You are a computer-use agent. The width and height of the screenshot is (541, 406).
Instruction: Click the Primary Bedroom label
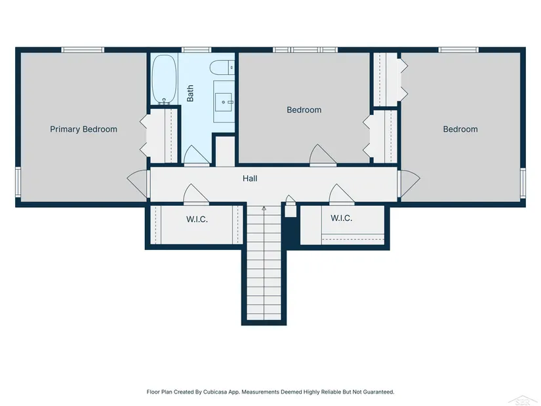[x=83, y=129]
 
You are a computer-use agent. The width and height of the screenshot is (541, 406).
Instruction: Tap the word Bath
[x=190, y=93]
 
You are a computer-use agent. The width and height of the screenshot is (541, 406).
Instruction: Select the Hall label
[x=250, y=178]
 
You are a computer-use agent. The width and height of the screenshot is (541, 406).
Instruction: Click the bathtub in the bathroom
[x=164, y=79]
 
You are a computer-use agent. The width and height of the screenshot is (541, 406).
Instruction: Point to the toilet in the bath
[x=222, y=67]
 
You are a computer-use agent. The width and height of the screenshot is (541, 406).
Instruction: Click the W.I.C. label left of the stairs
[x=197, y=219]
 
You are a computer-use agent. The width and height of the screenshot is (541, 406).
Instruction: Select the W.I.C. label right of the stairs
[x=341, y=218]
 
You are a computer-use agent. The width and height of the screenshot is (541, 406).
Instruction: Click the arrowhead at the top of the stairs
[x=264, y=208]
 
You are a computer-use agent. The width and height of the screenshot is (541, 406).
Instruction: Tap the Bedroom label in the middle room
[x=304, y=110]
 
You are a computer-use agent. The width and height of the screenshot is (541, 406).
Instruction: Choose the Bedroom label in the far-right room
[x=460, y=129]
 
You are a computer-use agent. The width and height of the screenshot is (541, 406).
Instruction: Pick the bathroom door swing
[x=196, y=155]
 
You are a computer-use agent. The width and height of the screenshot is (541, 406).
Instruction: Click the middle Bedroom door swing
[x=323, y=155]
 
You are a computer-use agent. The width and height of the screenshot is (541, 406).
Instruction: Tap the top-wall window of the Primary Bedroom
[x=83, y=50]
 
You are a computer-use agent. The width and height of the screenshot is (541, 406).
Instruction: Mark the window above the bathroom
[x=196, y=50]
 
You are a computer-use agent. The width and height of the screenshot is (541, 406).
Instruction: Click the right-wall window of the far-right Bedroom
[x=523, y=183]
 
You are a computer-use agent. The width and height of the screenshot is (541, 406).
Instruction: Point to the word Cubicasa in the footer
[x=214, y=392]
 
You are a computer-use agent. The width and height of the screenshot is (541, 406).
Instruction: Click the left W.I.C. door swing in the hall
[x=195, y=195]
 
